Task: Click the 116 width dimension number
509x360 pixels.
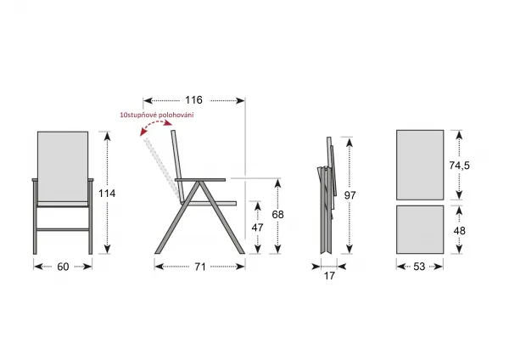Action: coord(193,100)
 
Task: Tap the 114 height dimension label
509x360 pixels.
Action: coord(107,194)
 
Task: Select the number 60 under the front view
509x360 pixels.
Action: coord(63,267)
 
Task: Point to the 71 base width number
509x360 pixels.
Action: coord(200,267)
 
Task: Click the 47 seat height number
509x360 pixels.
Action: coord(257,228)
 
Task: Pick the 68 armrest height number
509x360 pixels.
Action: coord(278,215)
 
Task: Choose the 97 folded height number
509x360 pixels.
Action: coord(350,195)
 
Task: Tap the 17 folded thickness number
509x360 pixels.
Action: coord(329,276)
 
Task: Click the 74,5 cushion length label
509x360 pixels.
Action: coord(459,166)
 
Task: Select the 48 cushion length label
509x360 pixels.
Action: coord(459,231)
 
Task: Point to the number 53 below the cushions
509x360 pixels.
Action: coord(419,267)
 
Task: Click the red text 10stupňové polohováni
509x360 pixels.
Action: coord(157,115)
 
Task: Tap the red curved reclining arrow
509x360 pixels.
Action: coord(154,124)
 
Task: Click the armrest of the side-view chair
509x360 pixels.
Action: coord(200,180)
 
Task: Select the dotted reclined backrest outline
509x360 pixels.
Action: coord(162,167)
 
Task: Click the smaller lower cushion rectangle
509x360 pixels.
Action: coord(420,230)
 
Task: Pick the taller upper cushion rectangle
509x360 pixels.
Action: coord(420,165)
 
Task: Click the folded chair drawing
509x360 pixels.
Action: coord(327,195)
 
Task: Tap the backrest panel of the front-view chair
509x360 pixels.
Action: coord(63,166)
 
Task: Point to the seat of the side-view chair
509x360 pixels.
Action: coord(210,204)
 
